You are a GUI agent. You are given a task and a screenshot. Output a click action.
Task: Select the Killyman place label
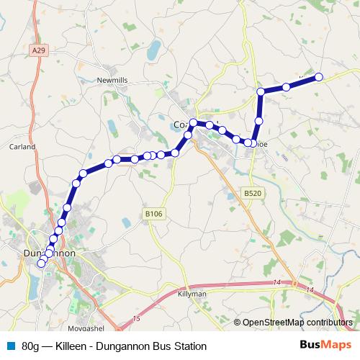tap(192, 294)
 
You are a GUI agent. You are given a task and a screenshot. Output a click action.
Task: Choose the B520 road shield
tap(251, 194)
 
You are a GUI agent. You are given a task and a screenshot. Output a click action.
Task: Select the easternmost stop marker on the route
tap(318, 77)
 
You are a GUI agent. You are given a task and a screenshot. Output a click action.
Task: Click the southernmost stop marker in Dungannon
tap(41, 264)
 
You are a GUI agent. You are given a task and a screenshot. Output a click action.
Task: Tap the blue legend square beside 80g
tap(9, 346)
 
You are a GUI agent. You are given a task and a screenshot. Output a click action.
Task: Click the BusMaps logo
tap(325, 346)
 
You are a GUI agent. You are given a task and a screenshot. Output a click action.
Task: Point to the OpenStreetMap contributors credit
tap(297, 322)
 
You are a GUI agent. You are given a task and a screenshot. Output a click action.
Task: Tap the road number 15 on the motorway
tap(137, 317)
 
